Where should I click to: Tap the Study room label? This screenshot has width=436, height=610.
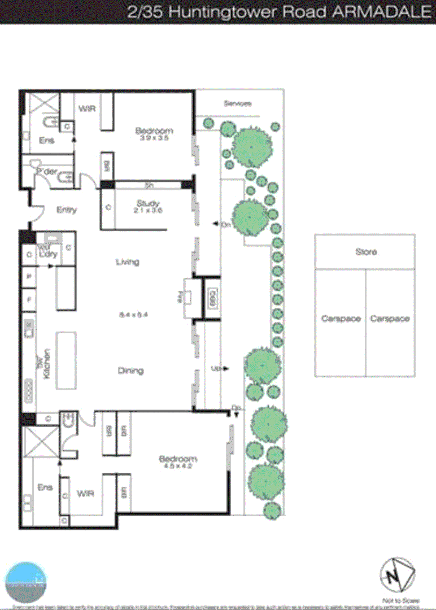[x=149, y=203]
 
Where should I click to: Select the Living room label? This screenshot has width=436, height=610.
[x=127, y=262]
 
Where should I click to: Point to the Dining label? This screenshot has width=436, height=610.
[x=130, y=371]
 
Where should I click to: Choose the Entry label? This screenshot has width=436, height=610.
[x=67, y=210]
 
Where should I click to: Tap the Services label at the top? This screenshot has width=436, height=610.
[x=237, y=103]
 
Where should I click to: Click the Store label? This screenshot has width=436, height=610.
[x=366, y=252]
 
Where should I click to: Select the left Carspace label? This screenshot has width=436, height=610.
[x=341, y=319]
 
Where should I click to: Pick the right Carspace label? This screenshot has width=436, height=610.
[x=390, y=319]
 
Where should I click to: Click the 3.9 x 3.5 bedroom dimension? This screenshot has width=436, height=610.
[x=154, y=138]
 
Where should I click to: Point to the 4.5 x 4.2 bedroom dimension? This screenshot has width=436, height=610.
[x=178, y=467]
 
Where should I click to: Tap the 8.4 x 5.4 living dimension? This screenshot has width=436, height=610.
[x=129, y=314]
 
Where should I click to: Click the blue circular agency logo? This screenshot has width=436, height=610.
[x=25, y=582]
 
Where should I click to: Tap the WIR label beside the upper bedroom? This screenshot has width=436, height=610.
[x=86, y=108]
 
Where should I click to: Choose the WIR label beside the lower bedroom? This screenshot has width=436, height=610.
[x=85, y=494]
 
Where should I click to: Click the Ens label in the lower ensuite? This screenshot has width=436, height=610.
[x=44, y=487]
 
